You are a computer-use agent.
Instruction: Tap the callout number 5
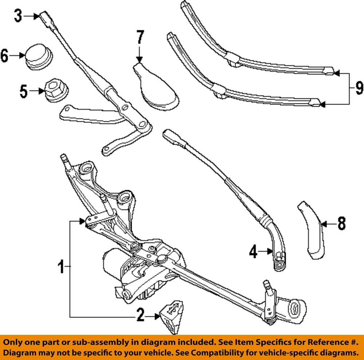point(24,91)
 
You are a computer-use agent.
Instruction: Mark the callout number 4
point(254,251)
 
